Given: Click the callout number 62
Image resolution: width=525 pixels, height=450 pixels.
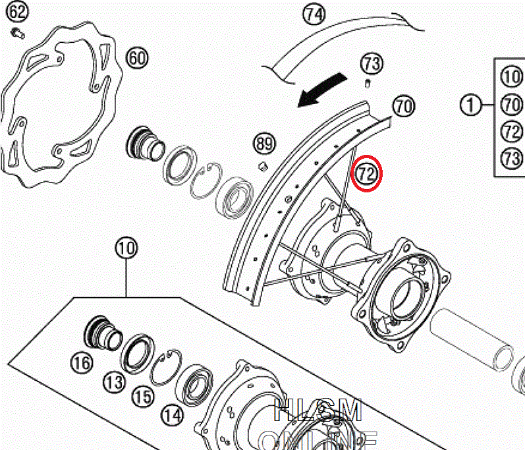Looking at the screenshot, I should coord(18,12).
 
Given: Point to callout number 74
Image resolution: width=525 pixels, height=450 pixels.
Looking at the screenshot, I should coord(315,13).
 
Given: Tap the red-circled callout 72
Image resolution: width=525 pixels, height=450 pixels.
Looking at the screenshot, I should coord(366,174).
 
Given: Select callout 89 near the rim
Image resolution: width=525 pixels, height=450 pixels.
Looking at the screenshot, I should coord(264,143).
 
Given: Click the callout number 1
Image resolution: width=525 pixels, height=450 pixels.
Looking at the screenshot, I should coord(470,103).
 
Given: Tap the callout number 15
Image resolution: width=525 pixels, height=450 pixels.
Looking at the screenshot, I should coord(142,397).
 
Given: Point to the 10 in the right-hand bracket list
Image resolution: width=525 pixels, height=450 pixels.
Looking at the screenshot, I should coord(512,76).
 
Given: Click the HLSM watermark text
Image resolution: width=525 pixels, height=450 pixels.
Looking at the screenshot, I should coord(318,412).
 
